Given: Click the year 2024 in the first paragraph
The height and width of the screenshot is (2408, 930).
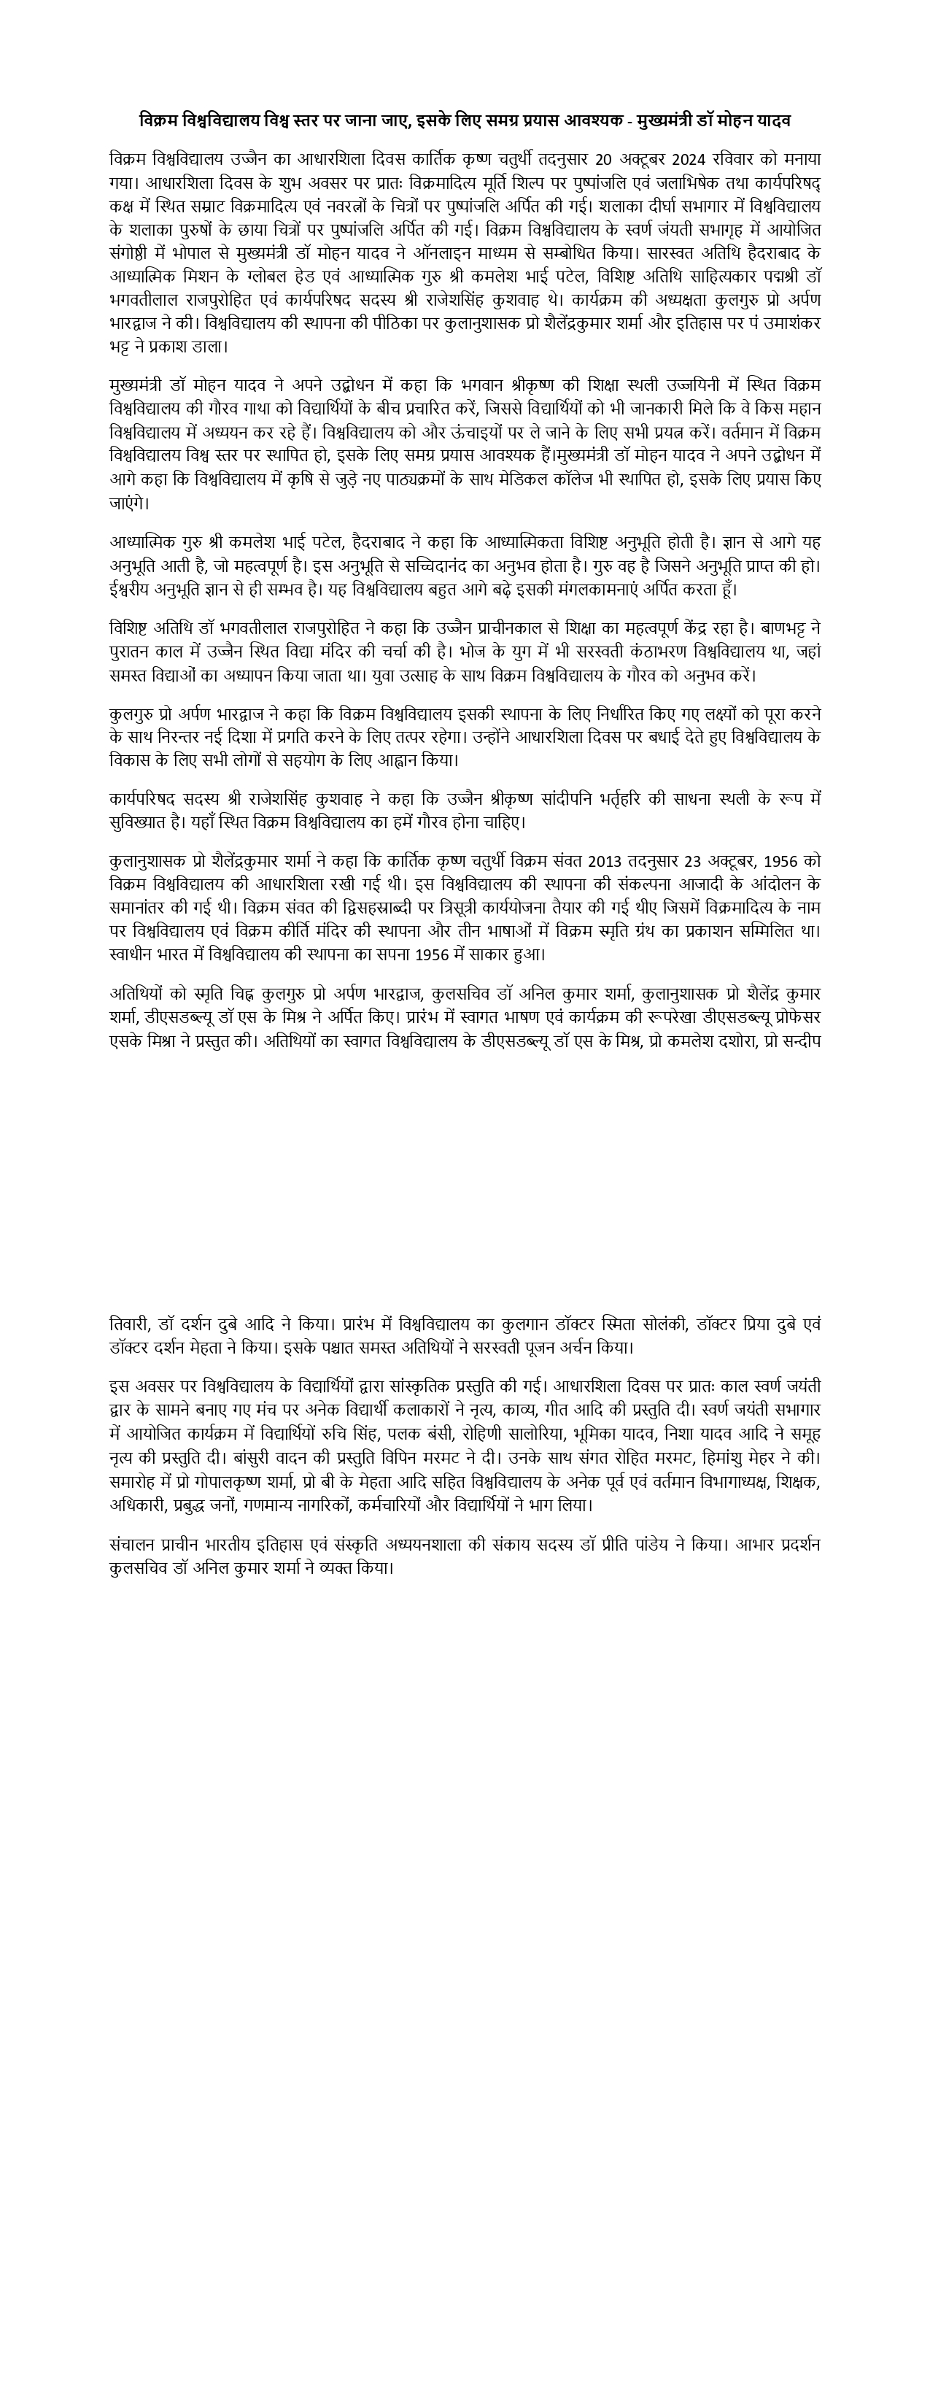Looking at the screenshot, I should point(662,159).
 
